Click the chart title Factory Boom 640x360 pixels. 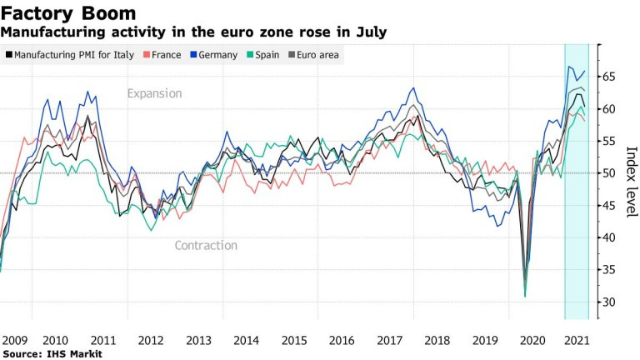[68, 14]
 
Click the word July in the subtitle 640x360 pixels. [370, 32]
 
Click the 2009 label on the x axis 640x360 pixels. [14, 340]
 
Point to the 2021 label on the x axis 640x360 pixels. [576, 340]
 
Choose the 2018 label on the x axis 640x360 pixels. [435, 340]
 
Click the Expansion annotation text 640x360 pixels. [154, 93]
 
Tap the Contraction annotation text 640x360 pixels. [206, 245]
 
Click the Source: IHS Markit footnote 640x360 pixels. [52, 354]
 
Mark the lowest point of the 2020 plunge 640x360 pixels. [525, 295]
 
